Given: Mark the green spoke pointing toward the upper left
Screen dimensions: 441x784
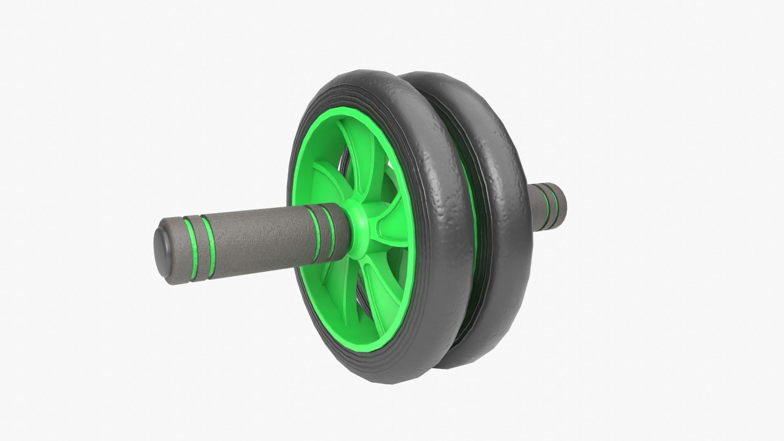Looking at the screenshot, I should (x=327, y=180).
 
